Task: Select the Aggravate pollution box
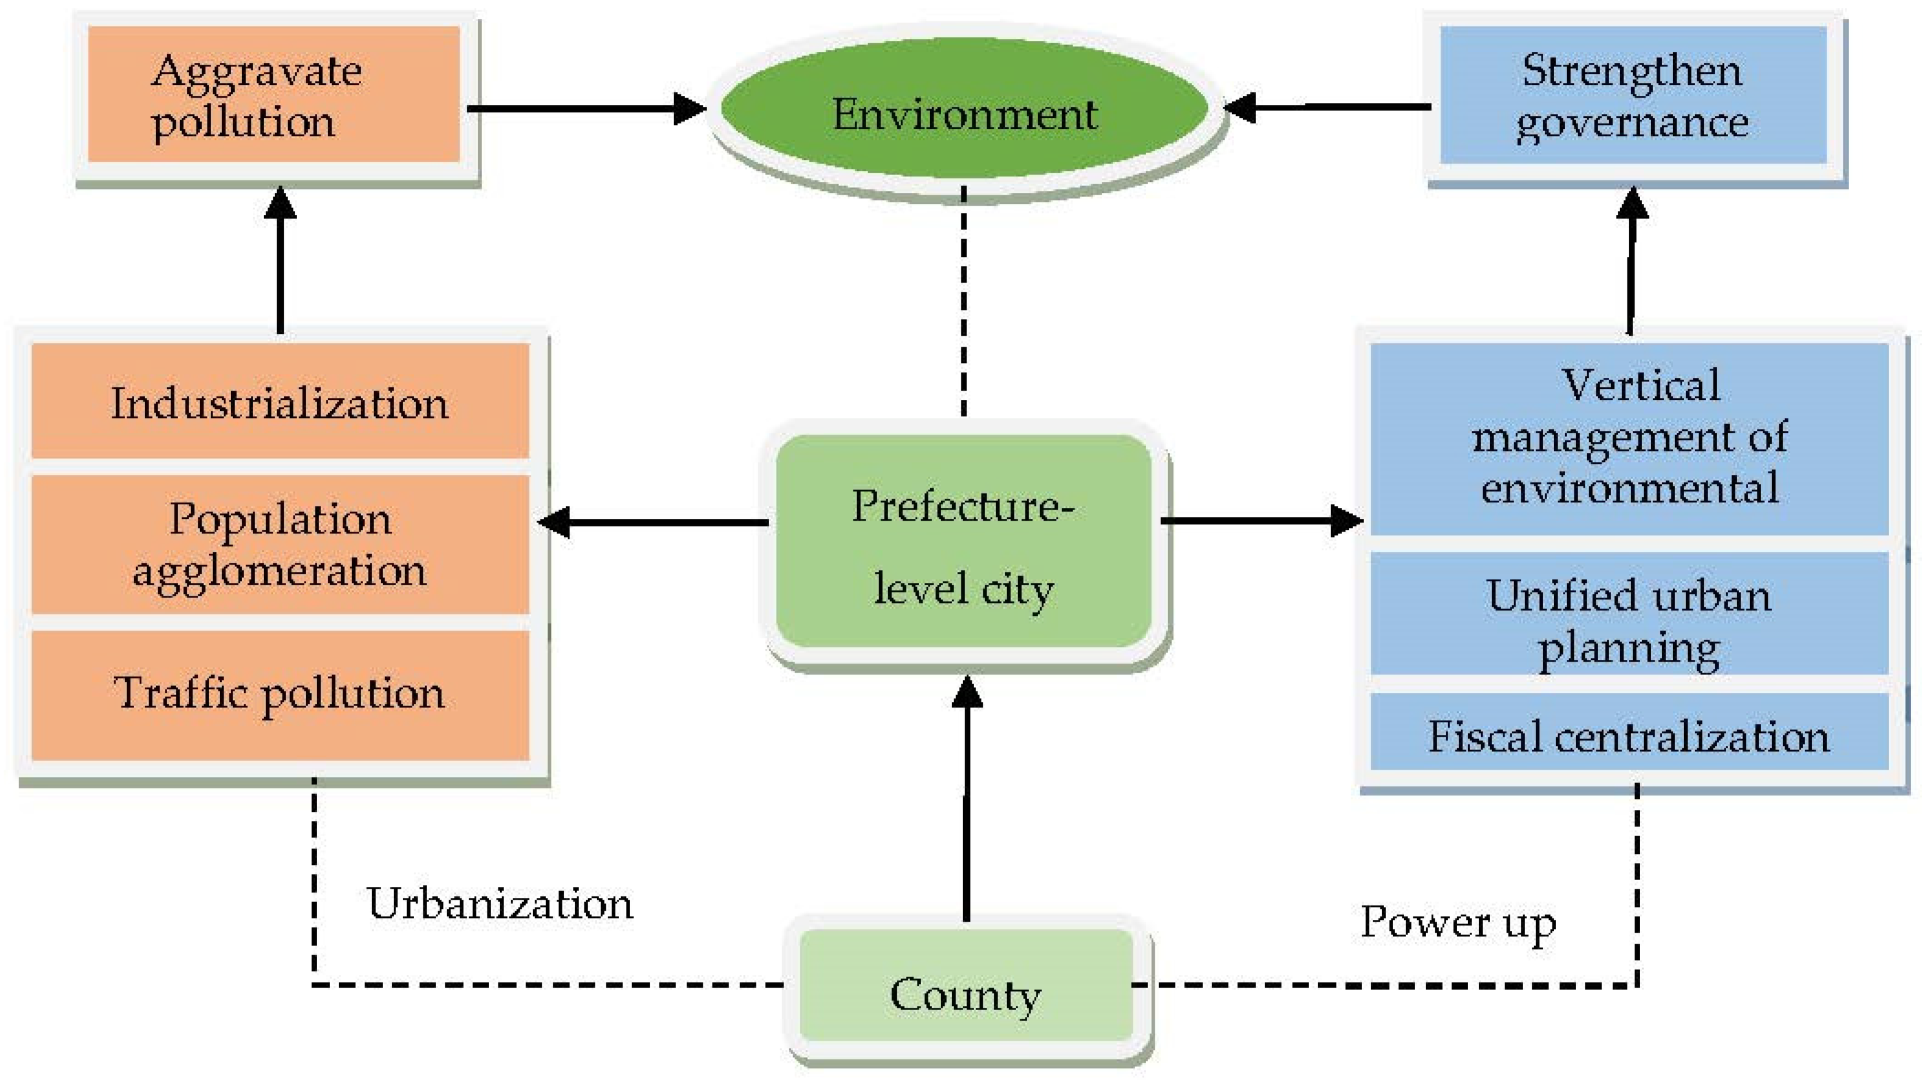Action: pyautogui.click(x=273, y=95)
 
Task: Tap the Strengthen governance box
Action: pyautogui.click(x=1632, y=95)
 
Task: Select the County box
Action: pyautogui.click(x=966, y=985)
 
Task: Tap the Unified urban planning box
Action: pyautogui.click(x=1630, y=613)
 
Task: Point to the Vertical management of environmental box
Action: pyautogui.click(x=1630, y=439)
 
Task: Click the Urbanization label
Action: pyautogui.click(x=498, y=903)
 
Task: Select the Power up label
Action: pyautogui.click(x=1458, y=922)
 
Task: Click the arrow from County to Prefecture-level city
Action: pyautogui.click(x=967, y=799)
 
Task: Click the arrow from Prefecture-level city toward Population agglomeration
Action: pyautogui.click(x=653, y=522)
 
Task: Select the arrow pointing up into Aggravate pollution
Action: pyautogui.click(x=281, y=261)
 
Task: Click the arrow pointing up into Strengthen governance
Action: pyautogui.click(x=1632, y=261)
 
